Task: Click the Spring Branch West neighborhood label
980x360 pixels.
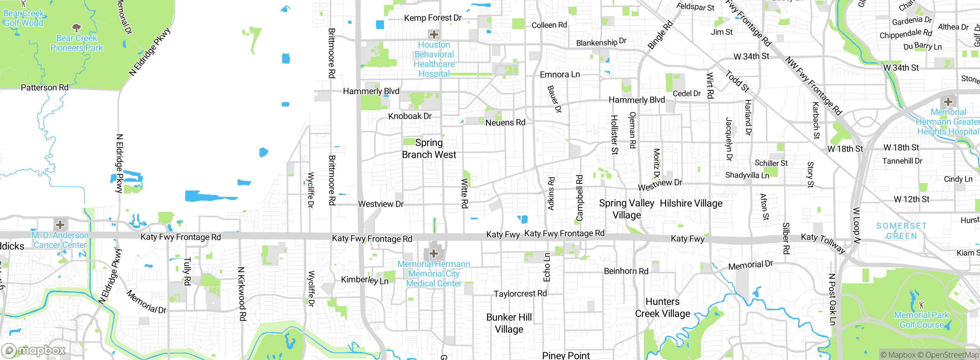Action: pos(429,149)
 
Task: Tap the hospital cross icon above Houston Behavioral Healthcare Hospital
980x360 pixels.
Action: pos(434,34)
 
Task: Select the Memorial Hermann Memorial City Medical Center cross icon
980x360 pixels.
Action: pos(434,253)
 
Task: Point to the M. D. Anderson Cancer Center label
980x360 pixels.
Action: pos(60,240)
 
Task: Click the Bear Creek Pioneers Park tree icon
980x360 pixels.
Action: pos(77,28)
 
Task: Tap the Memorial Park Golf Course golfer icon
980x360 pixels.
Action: pos(921,305)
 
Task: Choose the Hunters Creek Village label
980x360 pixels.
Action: pos(662,308)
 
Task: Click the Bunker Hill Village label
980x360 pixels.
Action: pos(509,323)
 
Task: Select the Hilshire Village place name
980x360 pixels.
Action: pos(691,203)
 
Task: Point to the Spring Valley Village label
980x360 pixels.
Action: pos(626,209)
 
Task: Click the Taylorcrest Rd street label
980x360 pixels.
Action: pos(520,294)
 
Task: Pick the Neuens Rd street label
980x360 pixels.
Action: pos(505,123)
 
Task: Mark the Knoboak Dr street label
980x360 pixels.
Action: pos(410,116)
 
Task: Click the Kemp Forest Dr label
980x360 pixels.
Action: pos(433,18)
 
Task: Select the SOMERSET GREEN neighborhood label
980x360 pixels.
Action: pos(902,231)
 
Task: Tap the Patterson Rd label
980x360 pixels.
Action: pos(44,87)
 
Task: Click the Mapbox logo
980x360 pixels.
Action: pos(34,350)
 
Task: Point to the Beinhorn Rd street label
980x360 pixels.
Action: pos(626,271)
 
